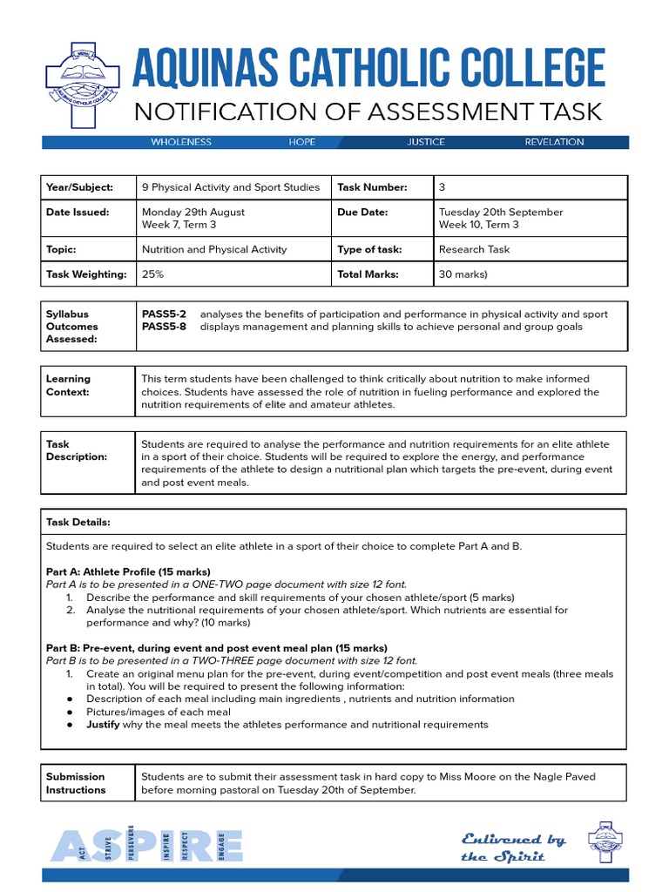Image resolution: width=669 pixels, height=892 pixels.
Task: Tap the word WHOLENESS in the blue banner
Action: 181,142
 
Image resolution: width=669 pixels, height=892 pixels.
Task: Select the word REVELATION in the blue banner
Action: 554,142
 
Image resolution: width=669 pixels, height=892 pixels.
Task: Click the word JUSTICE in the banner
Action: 426,142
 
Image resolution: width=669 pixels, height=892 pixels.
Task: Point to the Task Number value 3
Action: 443,187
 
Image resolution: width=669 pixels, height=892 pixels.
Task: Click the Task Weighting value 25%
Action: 152,274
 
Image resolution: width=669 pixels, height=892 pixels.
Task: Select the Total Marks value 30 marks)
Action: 463,274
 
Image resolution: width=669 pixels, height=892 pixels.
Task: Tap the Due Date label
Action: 362,212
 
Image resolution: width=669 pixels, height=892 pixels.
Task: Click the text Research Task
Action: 475,249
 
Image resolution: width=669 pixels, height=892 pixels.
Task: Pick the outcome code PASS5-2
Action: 164,314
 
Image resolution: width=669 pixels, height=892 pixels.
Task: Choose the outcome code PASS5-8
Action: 164,327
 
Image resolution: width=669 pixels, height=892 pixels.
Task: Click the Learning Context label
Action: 68,385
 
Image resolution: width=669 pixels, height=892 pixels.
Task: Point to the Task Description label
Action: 77,450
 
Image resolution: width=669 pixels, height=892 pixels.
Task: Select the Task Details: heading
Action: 78,522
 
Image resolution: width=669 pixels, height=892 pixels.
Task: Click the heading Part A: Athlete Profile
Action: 127,571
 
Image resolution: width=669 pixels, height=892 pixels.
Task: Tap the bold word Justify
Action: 102,725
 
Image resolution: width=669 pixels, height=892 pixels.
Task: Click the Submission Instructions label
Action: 76,783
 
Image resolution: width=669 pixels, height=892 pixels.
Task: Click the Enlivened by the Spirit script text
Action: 512,848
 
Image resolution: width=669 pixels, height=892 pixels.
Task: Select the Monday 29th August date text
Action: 193,212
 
